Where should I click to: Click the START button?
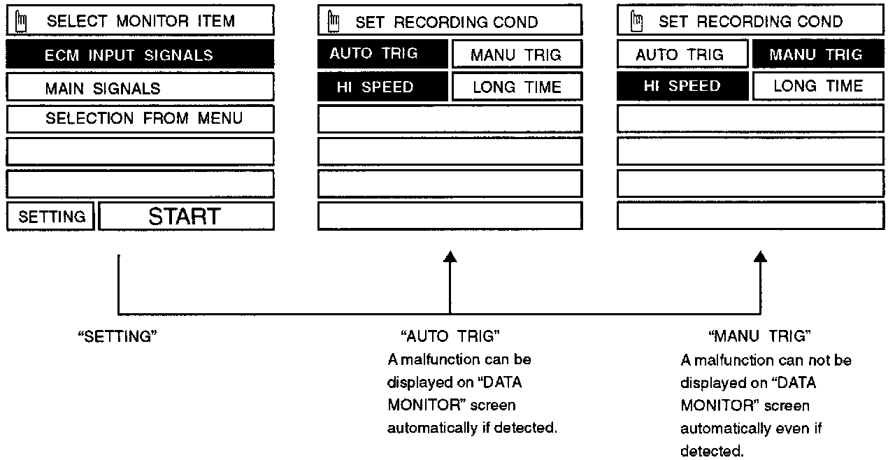[x=187, y=216]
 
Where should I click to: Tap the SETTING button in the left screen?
[x=51, y=216]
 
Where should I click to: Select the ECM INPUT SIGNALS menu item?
[x=141, y=55]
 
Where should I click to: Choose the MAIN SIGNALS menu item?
[x=141, y=87]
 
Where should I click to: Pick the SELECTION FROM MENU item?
[x=141, y=119]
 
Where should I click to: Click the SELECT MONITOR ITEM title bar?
[x=141, y=20]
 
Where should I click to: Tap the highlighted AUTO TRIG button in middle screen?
[x=382, y=54]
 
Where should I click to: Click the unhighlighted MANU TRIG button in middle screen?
[x=517, y=54]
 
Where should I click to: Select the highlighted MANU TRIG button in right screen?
[x=818, y=54]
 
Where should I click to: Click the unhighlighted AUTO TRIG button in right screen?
[x=682, y=54]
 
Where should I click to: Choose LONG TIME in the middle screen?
[x=517, y=86]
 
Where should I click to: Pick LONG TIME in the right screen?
[x=818, y=86]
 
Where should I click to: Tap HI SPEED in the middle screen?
[x=382, y=86]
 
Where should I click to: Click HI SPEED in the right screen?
[x=682, y=86]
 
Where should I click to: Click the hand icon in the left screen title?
[x=21, y=21]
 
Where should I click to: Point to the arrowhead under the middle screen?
[x=450, y=257]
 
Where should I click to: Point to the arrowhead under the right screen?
[x=760, y=257]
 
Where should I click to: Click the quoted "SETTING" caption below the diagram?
[x=117, y=337]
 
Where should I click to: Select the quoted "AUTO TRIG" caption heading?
[x=450, y=336]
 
